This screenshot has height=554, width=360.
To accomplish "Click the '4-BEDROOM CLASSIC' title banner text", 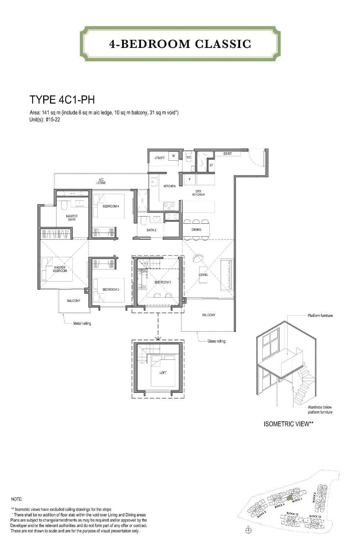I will tap(180, 44).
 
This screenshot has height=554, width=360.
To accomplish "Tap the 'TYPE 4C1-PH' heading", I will tap(62, 100).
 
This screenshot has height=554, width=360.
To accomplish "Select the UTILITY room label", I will tap(159, 158).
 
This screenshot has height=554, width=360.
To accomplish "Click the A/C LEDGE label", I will tap(101, 181).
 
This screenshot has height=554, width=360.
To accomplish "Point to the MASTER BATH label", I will tap(72, 218).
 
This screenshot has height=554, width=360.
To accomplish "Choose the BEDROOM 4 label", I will tap(111, 206).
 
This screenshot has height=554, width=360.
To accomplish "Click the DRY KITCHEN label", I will tap(198, 193).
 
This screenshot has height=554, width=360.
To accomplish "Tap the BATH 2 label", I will tap(151, 230).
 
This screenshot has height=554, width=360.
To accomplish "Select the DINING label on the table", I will tap(196, 229).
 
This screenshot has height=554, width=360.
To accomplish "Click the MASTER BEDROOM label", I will tap(60, 269).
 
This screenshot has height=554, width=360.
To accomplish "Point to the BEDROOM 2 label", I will tap(111, 290).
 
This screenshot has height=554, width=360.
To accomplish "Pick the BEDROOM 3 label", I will tap(162, 282).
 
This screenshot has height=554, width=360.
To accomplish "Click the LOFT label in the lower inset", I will tap(163, 372).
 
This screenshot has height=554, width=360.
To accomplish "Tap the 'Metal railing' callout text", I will tap(82, 323).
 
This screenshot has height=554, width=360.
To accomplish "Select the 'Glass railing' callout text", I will tap(216, 341).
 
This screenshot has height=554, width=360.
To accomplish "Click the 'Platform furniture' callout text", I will tap(320, 316).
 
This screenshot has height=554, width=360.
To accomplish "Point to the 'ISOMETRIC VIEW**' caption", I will tap(289, 424).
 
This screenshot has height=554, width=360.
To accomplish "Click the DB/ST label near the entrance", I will tap(228, 154).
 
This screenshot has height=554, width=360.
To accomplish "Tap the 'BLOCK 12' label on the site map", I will tap(292, 514).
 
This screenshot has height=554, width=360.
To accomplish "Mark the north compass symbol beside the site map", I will tap(248, 530).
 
